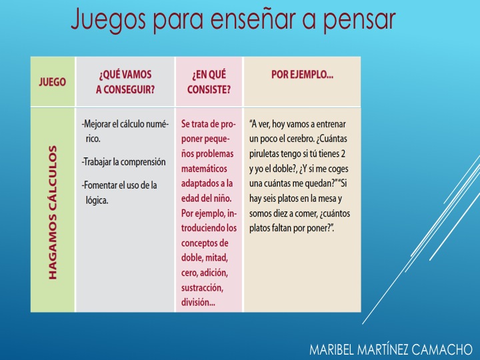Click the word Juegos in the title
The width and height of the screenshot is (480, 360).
(x=108, y=20)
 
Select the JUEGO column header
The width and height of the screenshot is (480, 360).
(x=53, y=82)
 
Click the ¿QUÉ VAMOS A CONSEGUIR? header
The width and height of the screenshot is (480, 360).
(x=125, y=82)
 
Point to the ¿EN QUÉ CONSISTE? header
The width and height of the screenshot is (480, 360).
(x=209, y=82)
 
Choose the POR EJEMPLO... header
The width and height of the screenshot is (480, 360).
(x=302, y=75)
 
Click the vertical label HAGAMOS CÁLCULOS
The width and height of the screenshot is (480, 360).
(x=53, y=213)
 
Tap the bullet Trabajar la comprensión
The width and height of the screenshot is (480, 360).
(x=124, y=161)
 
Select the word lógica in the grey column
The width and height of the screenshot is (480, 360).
(x=97, y=200)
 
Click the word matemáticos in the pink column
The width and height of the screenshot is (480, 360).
(x=204, y=169)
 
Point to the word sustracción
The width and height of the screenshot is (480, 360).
(x=202, y=288)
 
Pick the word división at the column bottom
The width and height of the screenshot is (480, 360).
(x=198, y=303)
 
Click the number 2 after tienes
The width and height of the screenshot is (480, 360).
(x=343, y=153)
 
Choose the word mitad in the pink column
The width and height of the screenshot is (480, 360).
(x=217, y=258)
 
